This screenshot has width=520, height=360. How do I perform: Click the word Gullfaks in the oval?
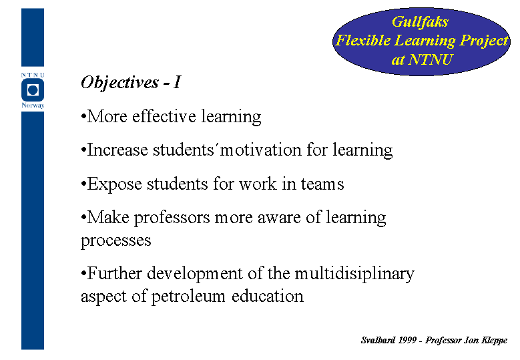pyautogui.click(x=420, y=22)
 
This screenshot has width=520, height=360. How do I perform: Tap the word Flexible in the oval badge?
pyautogui.click(x=363, y=41)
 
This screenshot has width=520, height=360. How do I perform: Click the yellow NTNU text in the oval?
pyautogui.click(x=430, y=59)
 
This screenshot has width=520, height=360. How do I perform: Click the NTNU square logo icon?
pyautogui.click(x=33, y=90)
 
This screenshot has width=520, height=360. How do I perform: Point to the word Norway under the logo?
pyautogui.click(x=33, y=106)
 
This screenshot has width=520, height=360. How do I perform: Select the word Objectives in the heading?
pyautogui.click(x=119, y=83)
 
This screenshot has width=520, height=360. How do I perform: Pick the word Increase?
pyautogui.click(x=117, y=150)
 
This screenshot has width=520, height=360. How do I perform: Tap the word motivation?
pyautogui.click(x=260, y=150)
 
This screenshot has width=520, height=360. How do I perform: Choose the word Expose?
pyautogui.click(x=114, y=184)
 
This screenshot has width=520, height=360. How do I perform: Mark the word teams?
pyautogui.click(x=322, y=184)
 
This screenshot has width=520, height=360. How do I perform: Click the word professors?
pyautogui.click(x=172, y=218)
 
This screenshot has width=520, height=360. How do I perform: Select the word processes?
pyautogui.click(x=115, y=240)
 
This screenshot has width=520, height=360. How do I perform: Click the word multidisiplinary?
pyautogui.click(x=354, y=274)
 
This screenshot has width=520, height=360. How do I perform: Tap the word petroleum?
pyautogui.click(x=188, y=297)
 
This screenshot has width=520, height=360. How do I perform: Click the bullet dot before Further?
pyautogui.click(x=83, y=274)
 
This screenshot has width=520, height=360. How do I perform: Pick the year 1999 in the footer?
pyautogui.click(x=407, y=340)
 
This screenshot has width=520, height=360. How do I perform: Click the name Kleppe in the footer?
pyautogui.click(x=494, y=341)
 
